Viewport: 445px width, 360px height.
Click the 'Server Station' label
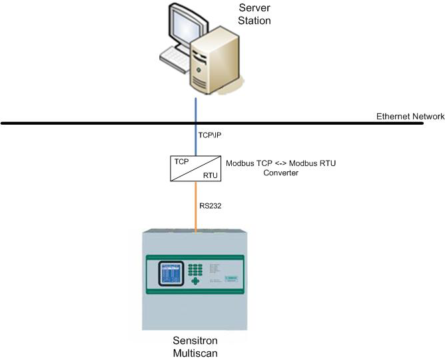pos(254,14)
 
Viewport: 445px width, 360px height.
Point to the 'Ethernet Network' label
pos(410,117)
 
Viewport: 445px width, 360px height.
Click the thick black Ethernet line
pos(100,123)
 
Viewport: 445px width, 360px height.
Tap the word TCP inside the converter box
pos(182,162)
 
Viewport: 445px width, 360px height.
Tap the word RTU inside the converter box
pos(210,176)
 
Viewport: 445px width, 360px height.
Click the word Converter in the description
pos(280,173)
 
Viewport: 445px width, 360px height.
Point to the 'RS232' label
pos(210,206)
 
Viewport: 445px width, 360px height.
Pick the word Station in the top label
pos(254,20)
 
